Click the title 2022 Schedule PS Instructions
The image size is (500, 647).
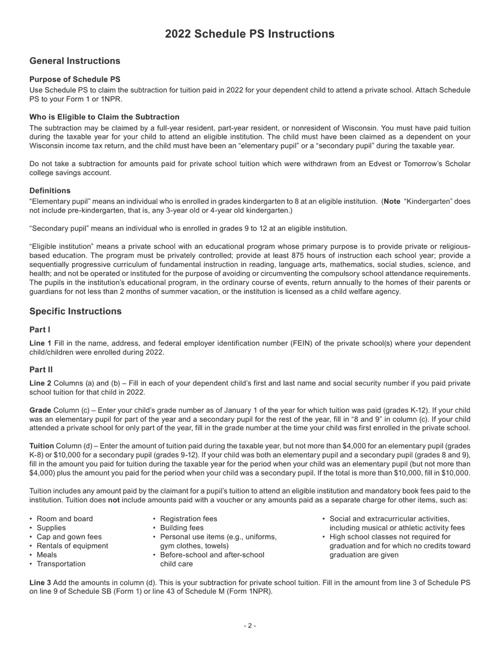249,34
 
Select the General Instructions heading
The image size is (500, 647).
75,61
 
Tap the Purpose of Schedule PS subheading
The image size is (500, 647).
75,79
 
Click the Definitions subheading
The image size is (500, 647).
50,190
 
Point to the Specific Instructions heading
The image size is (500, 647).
75,311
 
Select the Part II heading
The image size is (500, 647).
41,370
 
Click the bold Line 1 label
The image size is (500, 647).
41,343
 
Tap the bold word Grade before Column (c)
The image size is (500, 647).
41,410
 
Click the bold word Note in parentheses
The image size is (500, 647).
392,201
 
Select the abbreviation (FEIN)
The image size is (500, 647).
303,343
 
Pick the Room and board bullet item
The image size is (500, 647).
64,519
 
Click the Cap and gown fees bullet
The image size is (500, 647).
69,537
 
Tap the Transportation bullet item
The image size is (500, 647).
61,564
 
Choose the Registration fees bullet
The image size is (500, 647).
188,519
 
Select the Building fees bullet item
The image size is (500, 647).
182,528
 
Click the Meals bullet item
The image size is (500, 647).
47,555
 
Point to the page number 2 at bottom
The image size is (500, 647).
250,626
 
